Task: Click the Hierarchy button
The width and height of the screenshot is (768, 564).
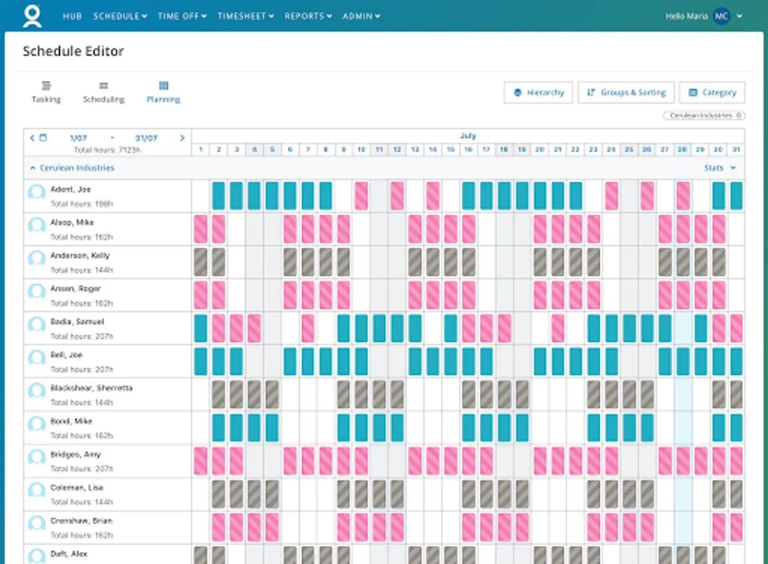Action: coord(538,93)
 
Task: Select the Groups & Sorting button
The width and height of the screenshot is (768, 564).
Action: coord(626,93)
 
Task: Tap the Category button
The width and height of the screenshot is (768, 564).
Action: coord(712,93)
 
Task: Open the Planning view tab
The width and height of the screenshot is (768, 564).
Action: coord(163,92)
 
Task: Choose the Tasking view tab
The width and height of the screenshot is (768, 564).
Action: coord(46,92)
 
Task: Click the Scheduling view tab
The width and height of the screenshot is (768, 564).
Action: coord(104,92)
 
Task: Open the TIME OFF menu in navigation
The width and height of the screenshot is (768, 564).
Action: coord(182,16)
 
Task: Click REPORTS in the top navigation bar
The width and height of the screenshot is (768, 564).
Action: coord(308,16)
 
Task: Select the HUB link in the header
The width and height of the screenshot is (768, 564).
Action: coord(72,16)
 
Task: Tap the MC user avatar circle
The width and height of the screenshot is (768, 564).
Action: coord(722,16)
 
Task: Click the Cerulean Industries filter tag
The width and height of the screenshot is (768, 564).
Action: coord(703,116)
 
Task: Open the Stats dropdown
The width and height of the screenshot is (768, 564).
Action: coord(719,168)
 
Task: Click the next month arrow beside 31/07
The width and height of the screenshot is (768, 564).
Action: coord(182,138)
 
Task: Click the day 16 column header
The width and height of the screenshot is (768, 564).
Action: coord(469,150)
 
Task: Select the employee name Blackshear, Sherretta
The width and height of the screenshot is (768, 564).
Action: coord(91,388)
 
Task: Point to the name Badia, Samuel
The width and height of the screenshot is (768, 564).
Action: coord(77,321)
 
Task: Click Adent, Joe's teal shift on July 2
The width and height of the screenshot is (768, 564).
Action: coord(219,196)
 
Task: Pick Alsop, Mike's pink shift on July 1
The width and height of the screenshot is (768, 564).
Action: coord(200,229)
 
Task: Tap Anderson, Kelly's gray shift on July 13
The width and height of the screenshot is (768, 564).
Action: coord(415,263)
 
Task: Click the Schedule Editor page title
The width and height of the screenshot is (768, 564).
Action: coord(73,51)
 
